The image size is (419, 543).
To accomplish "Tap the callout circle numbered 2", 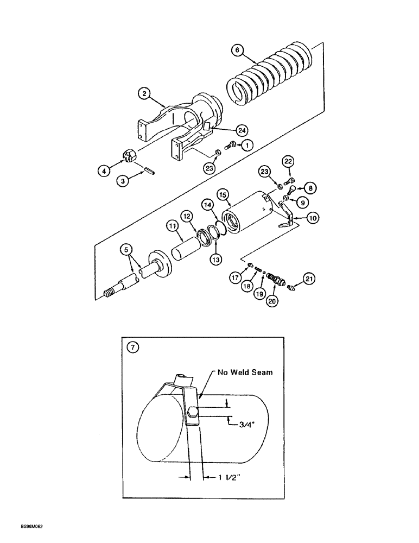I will coord(144,93).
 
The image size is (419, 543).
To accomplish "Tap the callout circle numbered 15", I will coord(221,194).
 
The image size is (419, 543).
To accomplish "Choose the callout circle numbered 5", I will coord(125,250).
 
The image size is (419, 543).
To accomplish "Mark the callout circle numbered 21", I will coord(310,279).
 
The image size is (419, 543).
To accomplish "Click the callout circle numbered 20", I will coord(272,300).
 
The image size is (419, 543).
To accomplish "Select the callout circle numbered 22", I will coord(288,162).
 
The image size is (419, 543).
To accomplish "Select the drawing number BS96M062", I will coord(19,526).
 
